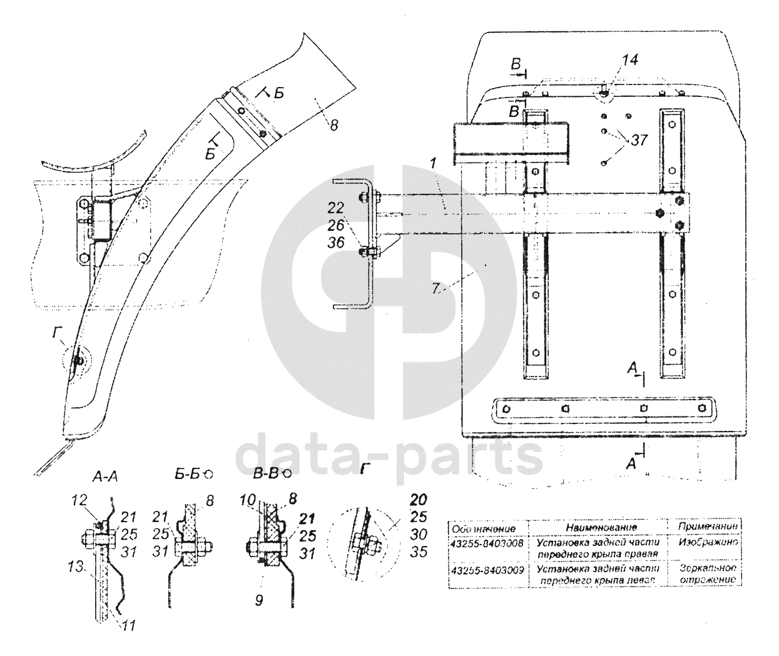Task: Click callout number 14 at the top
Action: (629, 60)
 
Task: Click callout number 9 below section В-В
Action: (258, 600)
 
